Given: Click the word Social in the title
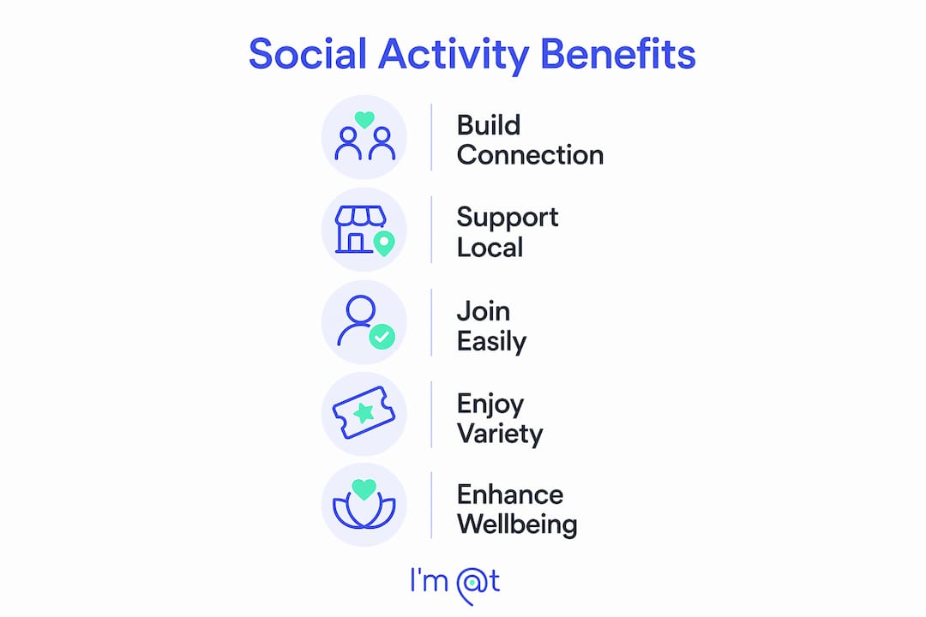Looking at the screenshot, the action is pos(308,54).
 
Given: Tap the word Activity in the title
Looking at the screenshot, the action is pos(454,56).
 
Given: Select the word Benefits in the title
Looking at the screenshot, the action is pos(617,54).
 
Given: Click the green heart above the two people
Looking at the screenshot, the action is pos(364,120).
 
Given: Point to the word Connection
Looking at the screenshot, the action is pos(530,155).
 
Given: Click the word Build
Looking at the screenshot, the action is pos(489,125).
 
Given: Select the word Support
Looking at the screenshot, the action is pos(508,219).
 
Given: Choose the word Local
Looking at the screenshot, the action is pos(490,248).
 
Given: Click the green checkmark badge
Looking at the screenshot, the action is pos(382,337).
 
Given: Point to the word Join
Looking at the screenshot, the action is pos(483,311).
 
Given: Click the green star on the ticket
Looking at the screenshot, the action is pos(364,413).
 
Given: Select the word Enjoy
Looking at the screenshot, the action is pos(490,405).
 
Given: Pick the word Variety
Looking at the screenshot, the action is pos(500,434).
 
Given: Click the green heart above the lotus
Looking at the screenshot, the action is pos(364,488).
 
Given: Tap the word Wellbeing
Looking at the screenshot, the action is pos(517,525).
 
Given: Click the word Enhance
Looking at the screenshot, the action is pos(509,494).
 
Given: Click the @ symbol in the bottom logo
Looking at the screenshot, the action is pos(471,585).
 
